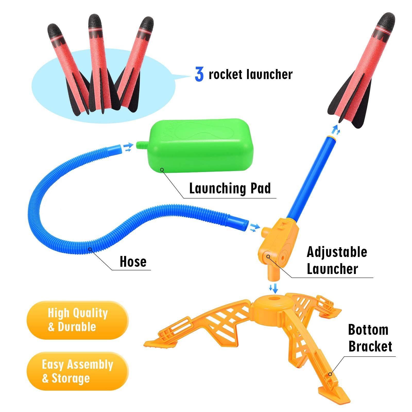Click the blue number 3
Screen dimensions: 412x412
pos(199,75)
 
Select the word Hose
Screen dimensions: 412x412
pos(133,261)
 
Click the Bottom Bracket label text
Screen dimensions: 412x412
pos(370,338)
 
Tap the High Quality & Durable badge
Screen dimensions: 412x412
pos(77,320)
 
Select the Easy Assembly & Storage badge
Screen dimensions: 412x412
pos(77,371)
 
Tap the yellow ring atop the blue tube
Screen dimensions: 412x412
pos(332,137)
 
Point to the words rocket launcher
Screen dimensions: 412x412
pos(251,75)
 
